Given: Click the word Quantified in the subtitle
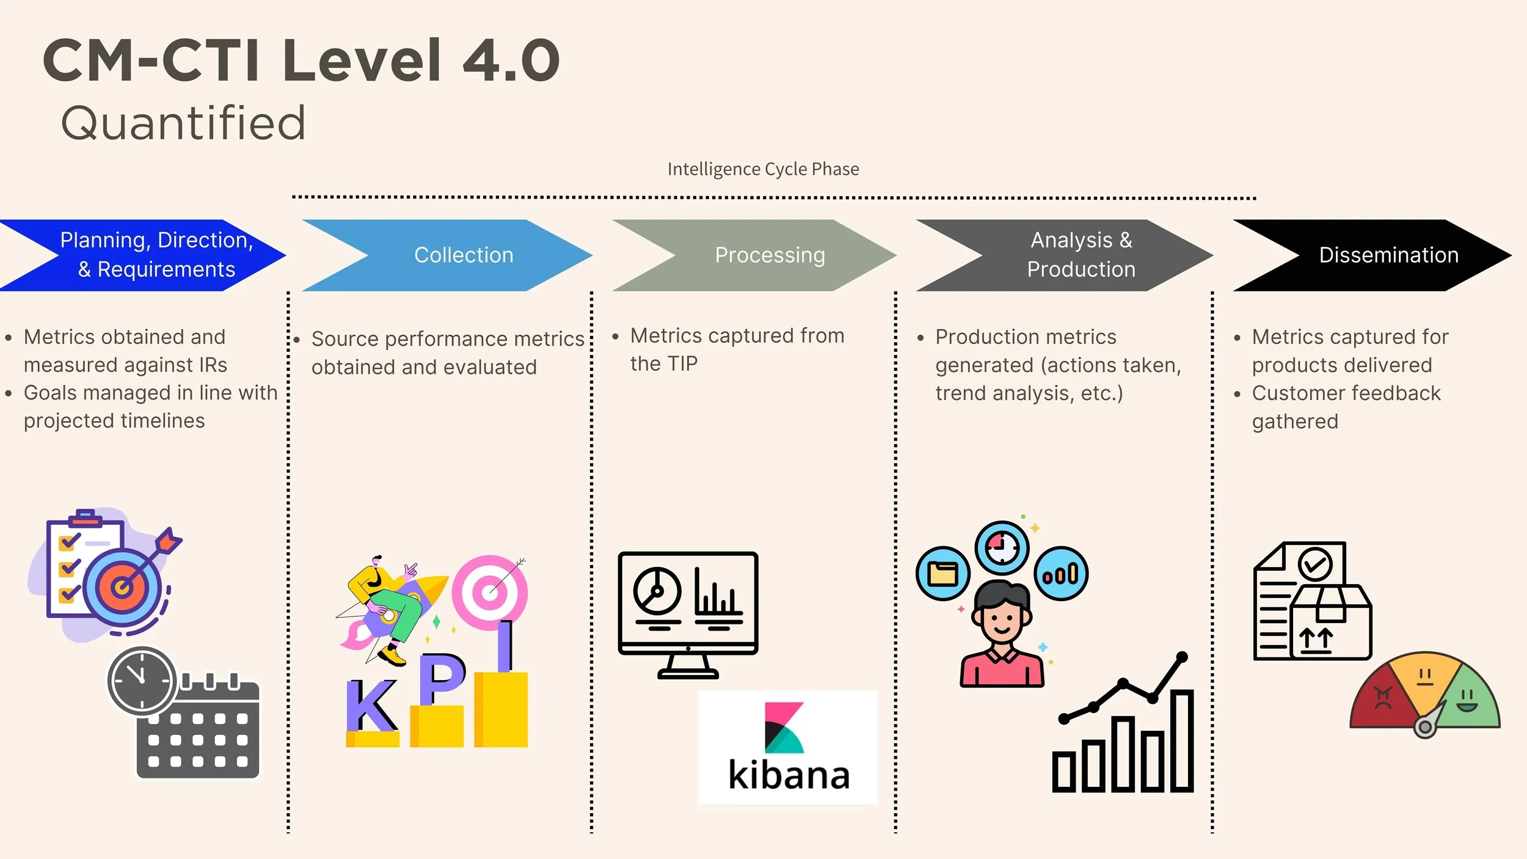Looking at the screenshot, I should click(x=183, y=123).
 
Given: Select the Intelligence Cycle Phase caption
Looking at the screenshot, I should click(x=763, y=169).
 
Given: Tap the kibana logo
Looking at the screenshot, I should click(x=787, y=747).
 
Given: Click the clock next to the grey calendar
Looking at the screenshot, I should click(x=142, y=681).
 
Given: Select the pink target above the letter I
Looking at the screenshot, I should click(x=489, y=591).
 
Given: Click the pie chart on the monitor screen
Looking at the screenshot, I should click(x=657, y=591).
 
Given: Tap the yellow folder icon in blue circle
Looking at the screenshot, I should click(x=942, y=574).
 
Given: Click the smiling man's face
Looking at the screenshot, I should click(x=1002, y=620).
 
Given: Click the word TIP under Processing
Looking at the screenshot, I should click(x=682, y=364).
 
